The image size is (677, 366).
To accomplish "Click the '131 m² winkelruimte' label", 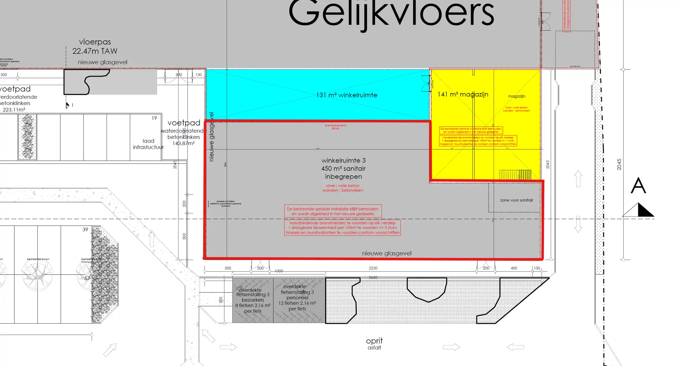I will coord(347,95).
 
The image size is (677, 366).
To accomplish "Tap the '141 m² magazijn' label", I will coord(463,95).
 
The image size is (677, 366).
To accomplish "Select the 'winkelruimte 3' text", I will coord(343,160).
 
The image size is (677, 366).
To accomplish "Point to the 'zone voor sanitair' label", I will coord(517,200).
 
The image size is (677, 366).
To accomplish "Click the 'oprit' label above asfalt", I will coord(374,341).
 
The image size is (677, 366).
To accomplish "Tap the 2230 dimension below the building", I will coord(373,268).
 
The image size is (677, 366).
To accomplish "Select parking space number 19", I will coord(154,118).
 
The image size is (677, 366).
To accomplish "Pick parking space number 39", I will coord(85,229).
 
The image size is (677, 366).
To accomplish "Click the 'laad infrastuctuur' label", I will coord(148,144).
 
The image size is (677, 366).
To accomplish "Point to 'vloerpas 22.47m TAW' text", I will coord(95,46).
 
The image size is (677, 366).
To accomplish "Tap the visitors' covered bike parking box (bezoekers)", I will coord(253,300).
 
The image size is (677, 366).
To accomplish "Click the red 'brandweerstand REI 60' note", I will coord(335,127).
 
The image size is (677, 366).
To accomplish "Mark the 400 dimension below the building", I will coord(514,268).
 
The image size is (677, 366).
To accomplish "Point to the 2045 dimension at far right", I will coord(619,164).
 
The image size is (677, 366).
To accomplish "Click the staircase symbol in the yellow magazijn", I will coord(515,175).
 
